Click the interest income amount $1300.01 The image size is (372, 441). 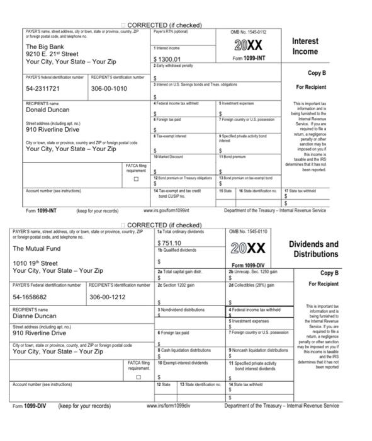pyautogui.click(x=170, y=59)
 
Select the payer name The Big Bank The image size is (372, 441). pyautogui.click(x=45, y=47)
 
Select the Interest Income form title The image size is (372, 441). pyautogui.click(x=305, y=46)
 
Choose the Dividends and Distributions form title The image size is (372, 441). pyautogui.click(x=313, y=249)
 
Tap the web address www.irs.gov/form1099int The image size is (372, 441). pyautogui.click(x=166, y=210)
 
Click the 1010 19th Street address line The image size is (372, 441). pyautogui.click(x=36, y=263)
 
